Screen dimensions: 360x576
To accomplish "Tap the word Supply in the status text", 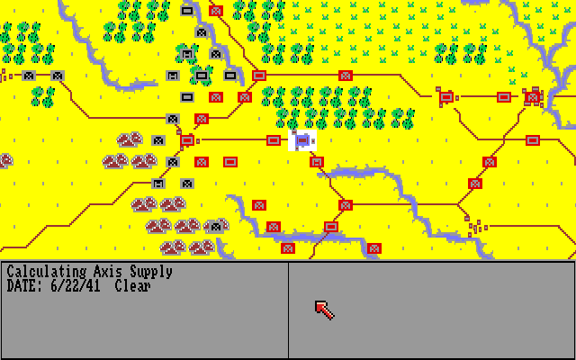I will point(150,272).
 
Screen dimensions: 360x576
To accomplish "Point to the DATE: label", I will point(24,286).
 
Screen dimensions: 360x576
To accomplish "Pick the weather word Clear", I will point(132,286).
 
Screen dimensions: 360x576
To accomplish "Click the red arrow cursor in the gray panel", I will point(323,310).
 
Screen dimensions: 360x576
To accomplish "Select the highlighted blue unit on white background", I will point(302,140).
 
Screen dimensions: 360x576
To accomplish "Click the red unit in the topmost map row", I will point(216,11).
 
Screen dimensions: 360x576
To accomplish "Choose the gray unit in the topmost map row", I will point(187,11).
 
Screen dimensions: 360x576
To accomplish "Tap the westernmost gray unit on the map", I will point(29,76).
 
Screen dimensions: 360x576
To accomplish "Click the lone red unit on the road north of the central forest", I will point(346,76).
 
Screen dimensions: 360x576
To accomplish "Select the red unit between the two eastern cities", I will point(504,97).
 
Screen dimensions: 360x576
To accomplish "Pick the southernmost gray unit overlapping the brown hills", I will point(216,226).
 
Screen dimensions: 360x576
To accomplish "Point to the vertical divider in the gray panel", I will point(288,310).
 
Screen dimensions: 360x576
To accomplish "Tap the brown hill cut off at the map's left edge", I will point(4,161).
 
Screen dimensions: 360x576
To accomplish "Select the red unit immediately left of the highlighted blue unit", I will point(274,140).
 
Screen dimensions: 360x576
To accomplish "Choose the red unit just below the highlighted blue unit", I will point(317,162).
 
